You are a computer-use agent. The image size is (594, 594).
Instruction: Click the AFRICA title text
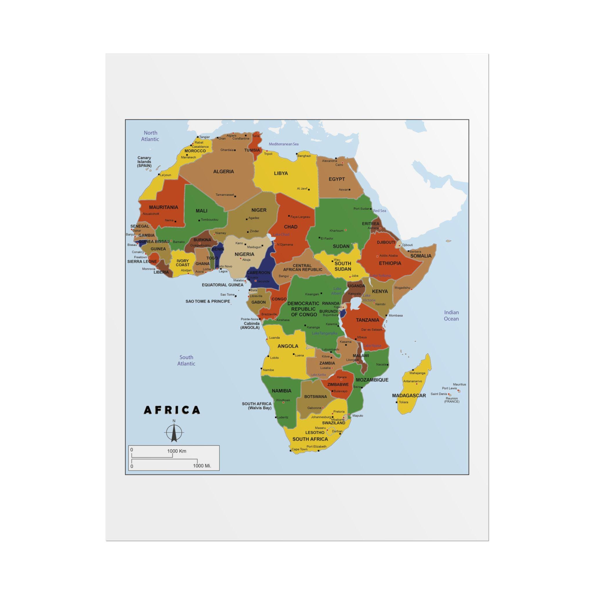(172, 410)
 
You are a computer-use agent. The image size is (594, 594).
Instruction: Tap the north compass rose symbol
(174, 432)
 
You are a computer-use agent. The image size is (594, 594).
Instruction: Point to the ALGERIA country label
(224, 172)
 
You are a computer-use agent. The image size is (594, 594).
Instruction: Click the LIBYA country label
(281, 173)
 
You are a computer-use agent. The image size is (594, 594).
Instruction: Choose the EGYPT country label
(337, 179)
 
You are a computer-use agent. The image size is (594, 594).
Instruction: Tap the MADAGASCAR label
(409, 395)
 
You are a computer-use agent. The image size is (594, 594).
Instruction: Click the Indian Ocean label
(451, 316)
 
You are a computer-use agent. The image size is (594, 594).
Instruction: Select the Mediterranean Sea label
(283, 144)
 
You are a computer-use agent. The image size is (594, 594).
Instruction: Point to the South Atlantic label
(186, 360)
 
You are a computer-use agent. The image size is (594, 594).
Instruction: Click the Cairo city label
(339, 165)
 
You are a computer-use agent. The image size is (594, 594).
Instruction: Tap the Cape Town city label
(299, 449)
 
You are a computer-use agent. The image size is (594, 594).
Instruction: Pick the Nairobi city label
(380, 304)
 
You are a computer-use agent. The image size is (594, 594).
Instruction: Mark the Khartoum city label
(336, 231)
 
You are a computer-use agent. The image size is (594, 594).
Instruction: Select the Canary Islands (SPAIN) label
(144, 162)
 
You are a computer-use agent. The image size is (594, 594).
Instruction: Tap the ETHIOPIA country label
(390, 263)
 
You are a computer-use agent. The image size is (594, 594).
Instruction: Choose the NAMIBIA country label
(281, 391)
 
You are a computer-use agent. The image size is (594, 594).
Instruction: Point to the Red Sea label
(379, 211)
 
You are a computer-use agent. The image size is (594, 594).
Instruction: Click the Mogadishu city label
(402, 288)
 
